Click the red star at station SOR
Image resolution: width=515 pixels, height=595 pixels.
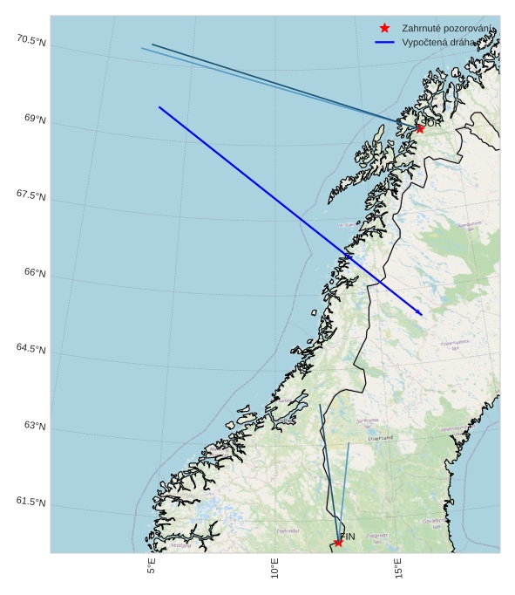(419, 128)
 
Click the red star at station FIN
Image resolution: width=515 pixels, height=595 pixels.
(338, 543)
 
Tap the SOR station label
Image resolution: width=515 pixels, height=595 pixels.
(431, 123)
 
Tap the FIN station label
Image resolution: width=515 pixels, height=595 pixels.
(348, 537)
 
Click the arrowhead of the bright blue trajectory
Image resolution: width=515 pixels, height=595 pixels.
(421, 313)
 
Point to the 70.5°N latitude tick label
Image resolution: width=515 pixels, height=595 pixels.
(30, 40)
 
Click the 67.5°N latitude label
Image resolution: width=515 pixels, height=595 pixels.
(30, 195)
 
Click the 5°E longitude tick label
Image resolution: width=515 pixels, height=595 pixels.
(152, 568)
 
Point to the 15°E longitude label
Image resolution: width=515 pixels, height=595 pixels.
(398, 568)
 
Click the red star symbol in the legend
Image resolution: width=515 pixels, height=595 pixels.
(384, 29)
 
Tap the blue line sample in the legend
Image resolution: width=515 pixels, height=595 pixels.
(384, 42)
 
